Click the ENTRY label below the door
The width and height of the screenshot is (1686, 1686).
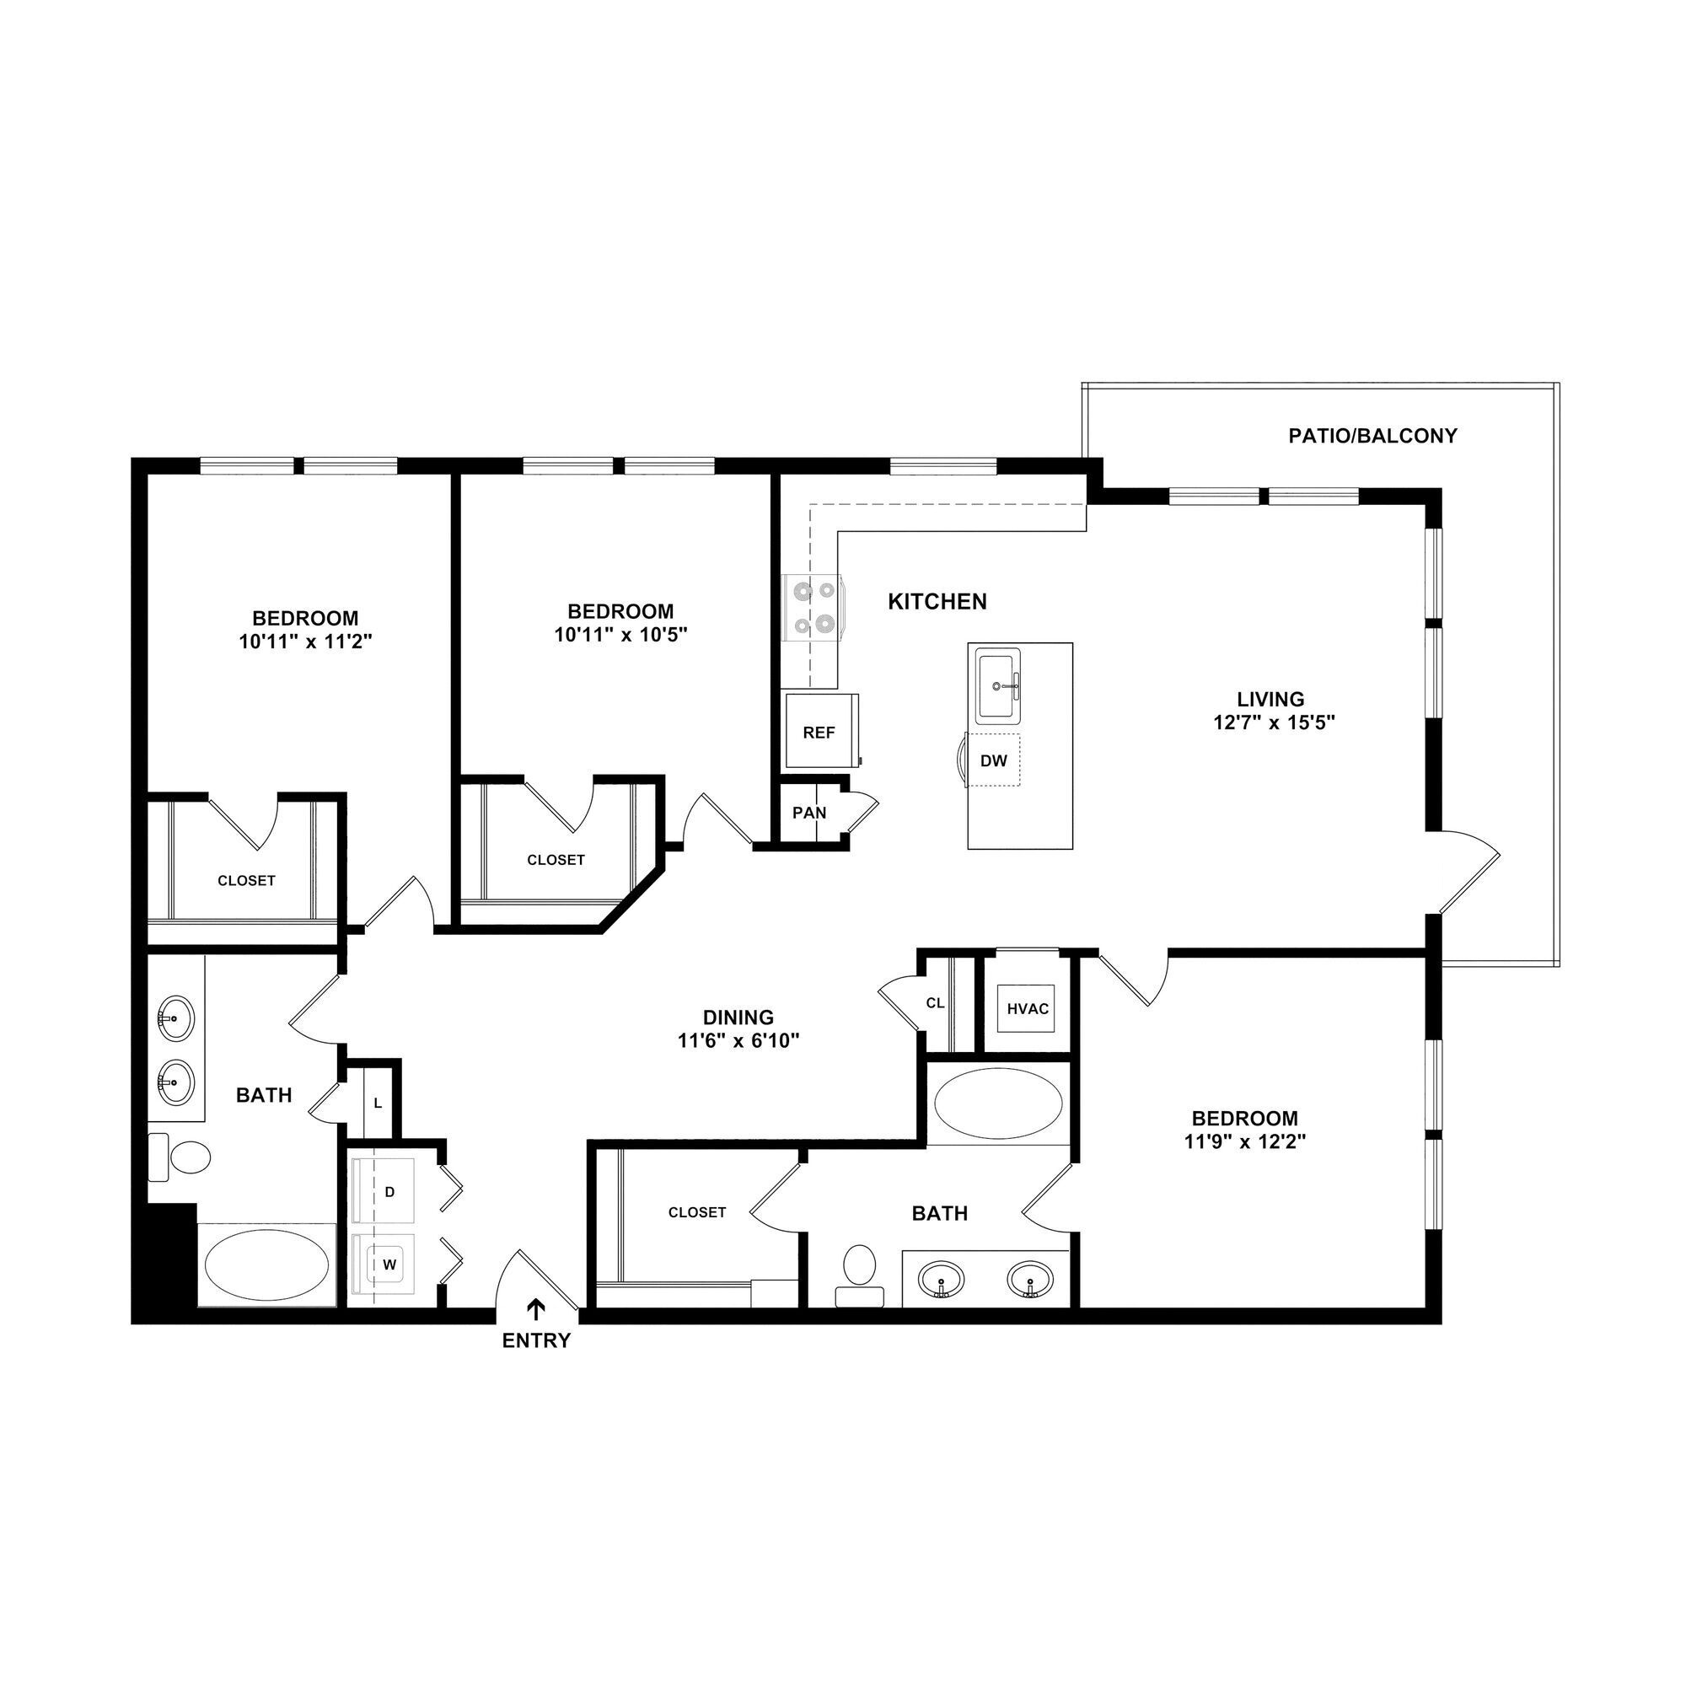[536, 1340]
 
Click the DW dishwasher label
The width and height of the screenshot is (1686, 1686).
[993, 760]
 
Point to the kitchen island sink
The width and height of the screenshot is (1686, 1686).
[998, 685]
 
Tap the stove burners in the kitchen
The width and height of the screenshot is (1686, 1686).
[813, 609]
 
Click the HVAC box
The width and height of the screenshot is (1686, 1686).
[1027, 1009]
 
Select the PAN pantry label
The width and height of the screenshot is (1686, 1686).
[809, 813]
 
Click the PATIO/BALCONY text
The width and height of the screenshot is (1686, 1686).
[1372, 436]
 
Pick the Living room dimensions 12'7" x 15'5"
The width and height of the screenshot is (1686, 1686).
[1274, 722]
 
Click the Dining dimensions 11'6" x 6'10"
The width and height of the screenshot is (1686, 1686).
[738, 1040]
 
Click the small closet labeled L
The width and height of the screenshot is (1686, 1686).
[378, 1103]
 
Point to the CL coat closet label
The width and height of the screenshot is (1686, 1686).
[935, 1002]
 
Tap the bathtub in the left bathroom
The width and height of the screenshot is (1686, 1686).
[266, 1264]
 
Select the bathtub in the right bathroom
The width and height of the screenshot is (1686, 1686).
[997, 1104]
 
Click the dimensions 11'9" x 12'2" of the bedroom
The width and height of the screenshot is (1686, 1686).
[1244, 1141]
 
